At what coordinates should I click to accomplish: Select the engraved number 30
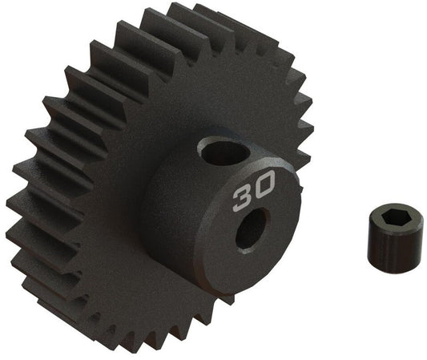tap(252, 192)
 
